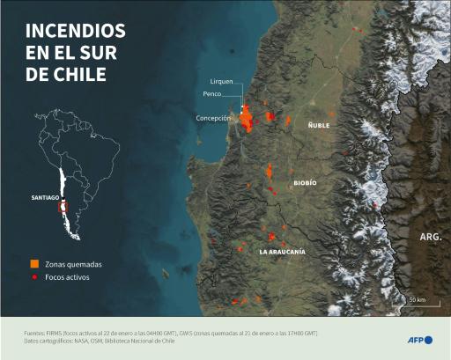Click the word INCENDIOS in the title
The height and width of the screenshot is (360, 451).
pos(75,30)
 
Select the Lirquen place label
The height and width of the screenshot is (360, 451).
pos(221,81)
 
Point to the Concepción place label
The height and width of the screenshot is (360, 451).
pos(213,117)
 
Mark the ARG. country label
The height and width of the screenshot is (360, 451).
pos(430,238)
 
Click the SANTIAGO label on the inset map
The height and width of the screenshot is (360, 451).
pos(44,198)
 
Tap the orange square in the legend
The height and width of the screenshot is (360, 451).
pos(33,264)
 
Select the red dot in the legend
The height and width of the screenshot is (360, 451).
pos(33,277)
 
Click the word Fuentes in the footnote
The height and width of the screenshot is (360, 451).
pos(36,333)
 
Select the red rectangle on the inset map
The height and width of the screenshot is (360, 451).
pos(62,209)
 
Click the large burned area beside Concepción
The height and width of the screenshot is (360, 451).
pos(248,118)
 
